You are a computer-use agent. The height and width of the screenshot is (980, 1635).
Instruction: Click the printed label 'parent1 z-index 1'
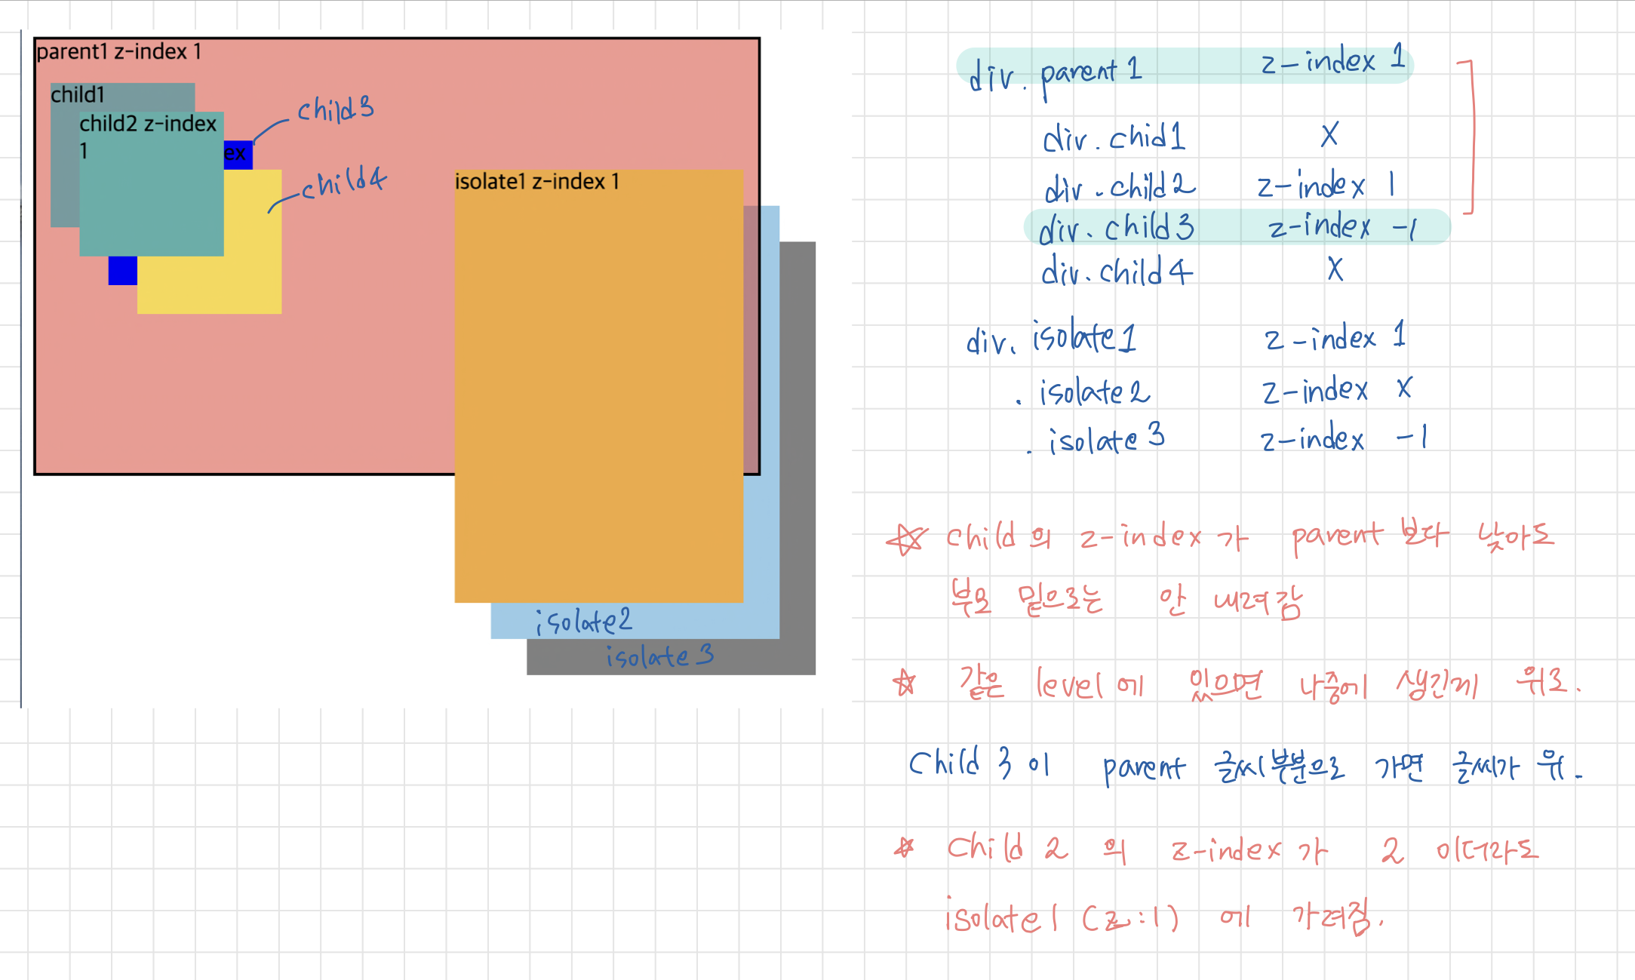(x=119, y=51)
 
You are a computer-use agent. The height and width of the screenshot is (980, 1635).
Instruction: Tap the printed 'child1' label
(x=78, y=95)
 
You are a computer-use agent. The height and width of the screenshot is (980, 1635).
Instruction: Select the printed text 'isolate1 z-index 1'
(x=537, y=182)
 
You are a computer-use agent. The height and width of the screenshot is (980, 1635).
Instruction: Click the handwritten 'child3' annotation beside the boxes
(x=335, y=110)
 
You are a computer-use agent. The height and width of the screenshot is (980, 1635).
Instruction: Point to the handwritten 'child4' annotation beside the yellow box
(x=344, y=183)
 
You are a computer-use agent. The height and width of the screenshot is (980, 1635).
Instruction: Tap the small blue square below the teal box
(x=122, y=271)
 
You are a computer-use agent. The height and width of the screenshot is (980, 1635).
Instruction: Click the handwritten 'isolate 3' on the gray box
(x=659, y=656)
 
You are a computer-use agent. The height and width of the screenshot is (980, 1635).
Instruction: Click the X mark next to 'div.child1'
(x=1329, y=135)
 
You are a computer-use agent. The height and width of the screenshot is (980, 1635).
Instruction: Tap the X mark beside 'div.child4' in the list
(x=1335, y=269)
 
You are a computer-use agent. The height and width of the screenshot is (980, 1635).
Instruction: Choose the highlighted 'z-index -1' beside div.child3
(x=1343, y=227)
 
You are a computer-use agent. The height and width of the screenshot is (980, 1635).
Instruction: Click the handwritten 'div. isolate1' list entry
(x=1051, y=339)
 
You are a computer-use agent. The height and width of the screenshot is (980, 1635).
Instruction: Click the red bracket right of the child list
(x=1470, y=136)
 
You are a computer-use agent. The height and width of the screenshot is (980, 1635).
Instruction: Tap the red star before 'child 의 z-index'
(x=907, y=539)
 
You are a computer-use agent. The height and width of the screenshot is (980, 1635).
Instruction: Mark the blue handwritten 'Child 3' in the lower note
(x=960, y=764)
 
